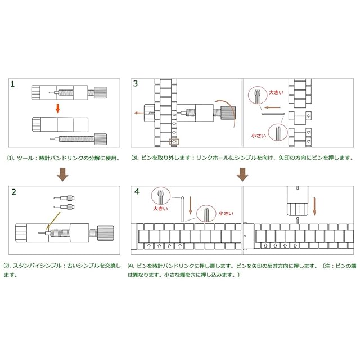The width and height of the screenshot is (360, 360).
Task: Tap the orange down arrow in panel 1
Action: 57,107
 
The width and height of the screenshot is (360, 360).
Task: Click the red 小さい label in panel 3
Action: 259,136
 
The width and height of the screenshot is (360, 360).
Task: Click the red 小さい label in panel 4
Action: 225,213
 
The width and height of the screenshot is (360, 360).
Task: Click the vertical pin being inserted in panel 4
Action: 183,208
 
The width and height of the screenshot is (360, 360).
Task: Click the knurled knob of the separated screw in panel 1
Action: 101,137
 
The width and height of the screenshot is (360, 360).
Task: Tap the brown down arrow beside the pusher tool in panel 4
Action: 315,205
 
